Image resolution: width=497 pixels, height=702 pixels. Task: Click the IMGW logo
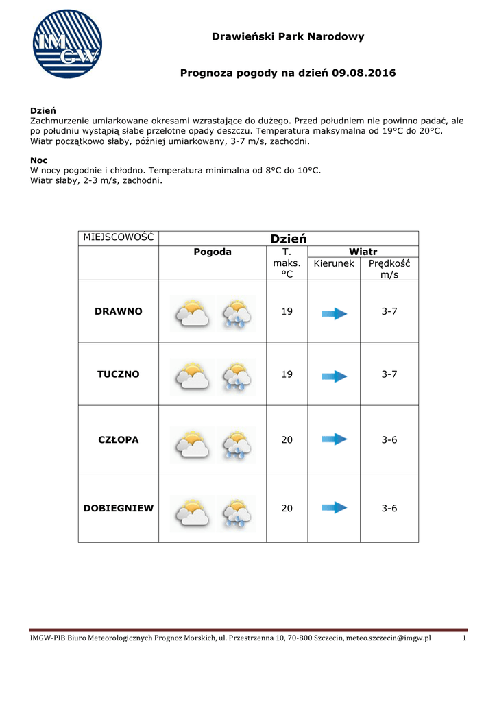pos(67,44)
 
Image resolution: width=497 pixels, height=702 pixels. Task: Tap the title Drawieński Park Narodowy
pos(288,36)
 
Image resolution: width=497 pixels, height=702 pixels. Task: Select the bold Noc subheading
pos(39,160)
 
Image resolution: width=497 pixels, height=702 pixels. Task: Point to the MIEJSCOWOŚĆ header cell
pos(118,237)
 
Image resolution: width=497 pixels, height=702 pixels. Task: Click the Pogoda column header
pos(213,252)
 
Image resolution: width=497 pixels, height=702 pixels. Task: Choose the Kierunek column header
pos(334,263)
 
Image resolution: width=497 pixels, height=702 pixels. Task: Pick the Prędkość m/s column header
pos(389,269)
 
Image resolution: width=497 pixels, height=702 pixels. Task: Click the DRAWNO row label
pos(119,311)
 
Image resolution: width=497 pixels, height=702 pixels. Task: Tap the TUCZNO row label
pos(119,374)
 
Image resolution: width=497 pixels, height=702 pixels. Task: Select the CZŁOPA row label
pos(119,439)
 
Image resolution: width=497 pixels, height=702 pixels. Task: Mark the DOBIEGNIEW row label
pos(119,508)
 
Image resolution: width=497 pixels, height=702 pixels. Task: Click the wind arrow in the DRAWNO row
pos(335,313)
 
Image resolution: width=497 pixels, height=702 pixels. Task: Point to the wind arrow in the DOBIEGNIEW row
pos(335,508)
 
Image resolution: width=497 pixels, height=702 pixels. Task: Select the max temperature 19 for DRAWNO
pos(287,311)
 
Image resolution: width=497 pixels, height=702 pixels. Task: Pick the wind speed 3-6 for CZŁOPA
pos(389,439)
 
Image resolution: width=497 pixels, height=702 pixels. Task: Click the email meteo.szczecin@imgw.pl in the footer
pos(388,638)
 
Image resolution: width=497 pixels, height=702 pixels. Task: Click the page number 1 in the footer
pos(464,638)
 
